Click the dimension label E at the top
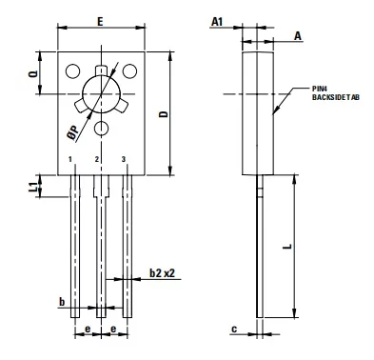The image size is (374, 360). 100,22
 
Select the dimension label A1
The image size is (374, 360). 217,22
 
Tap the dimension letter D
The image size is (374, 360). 164,114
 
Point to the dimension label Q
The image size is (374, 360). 33,73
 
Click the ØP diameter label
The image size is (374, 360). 74,133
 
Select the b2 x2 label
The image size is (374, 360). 162,272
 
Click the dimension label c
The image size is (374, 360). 234,330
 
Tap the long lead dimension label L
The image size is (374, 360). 287,246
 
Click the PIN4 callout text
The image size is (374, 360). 318,90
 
